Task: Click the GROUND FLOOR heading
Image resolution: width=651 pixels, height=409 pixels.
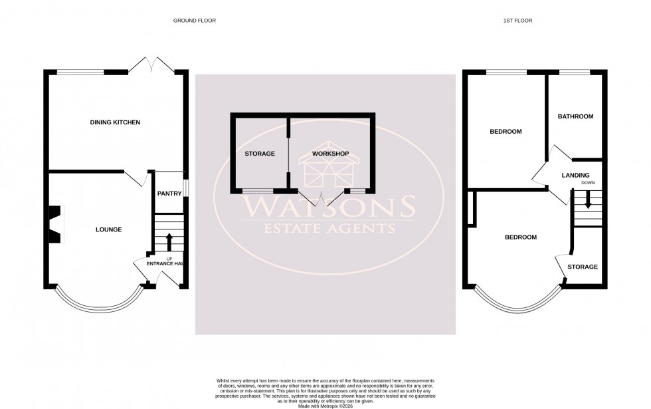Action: pos(195,21)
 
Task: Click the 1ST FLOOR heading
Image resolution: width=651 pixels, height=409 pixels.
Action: pos(517,21)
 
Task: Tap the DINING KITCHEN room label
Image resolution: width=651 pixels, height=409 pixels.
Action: pos(115,122)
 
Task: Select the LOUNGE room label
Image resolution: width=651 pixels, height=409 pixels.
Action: pos(108,229)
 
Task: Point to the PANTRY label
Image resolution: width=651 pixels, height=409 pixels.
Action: pos(169,194)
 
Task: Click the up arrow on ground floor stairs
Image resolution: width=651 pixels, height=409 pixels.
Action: pos(169,240)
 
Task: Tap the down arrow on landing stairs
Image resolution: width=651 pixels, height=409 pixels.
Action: pos(587,200)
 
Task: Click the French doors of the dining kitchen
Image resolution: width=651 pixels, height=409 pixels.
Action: pos(153,65)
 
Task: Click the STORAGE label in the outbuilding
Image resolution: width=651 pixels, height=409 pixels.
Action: pos(259,154)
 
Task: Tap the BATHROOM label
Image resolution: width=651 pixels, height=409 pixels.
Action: pos(575,116)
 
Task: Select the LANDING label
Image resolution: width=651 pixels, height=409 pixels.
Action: pos(575,176)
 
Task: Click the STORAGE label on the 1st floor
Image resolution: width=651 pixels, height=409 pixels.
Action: pos(582,267)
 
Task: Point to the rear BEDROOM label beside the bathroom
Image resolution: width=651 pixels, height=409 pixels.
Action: pos(506,132)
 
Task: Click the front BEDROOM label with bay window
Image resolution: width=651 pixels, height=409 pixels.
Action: pos(521,237)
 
